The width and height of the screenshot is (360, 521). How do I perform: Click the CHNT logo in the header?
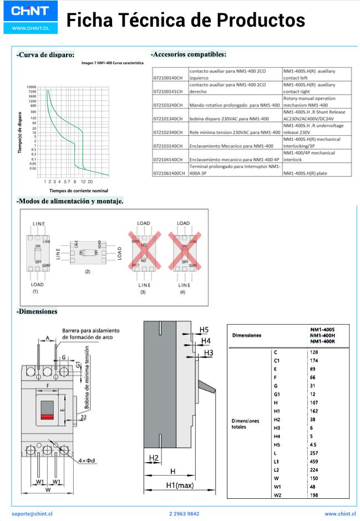[30, 11]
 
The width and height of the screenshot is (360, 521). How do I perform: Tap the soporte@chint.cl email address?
[32, 514]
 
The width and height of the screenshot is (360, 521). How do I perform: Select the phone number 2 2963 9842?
[184, 514]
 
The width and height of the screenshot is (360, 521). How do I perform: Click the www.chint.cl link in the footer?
[339, 514]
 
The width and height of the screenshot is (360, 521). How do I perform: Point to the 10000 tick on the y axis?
[32, 87]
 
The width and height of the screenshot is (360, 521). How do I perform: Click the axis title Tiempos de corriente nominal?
[72, 191]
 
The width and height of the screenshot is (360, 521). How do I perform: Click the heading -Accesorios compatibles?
[189, 54]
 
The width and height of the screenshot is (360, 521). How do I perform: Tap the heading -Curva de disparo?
[45, 55]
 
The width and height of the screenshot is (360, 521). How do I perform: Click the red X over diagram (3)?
[144, 251]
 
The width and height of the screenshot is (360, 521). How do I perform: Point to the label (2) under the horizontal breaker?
[87, 272]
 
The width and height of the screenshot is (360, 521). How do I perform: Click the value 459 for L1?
[313, 461]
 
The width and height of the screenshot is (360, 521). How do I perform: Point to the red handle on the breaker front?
[47, 416]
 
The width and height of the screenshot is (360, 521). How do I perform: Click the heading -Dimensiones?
[37, 311]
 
